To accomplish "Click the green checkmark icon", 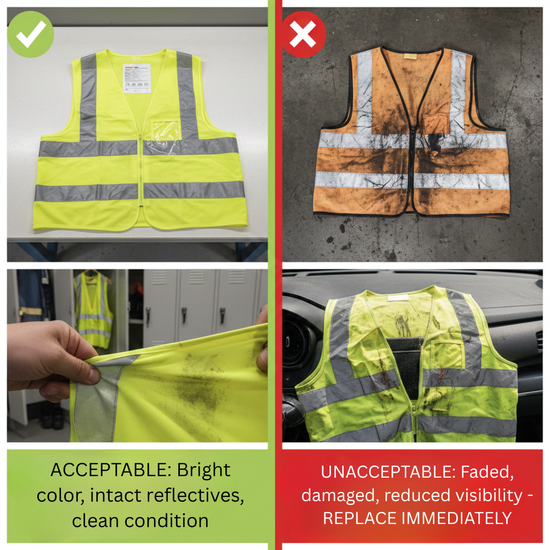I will [x=31, y=35].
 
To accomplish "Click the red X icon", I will [x=304, y=35].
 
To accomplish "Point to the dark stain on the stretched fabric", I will [x=204, y=392].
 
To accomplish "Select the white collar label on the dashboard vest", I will [x=398, y=297].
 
